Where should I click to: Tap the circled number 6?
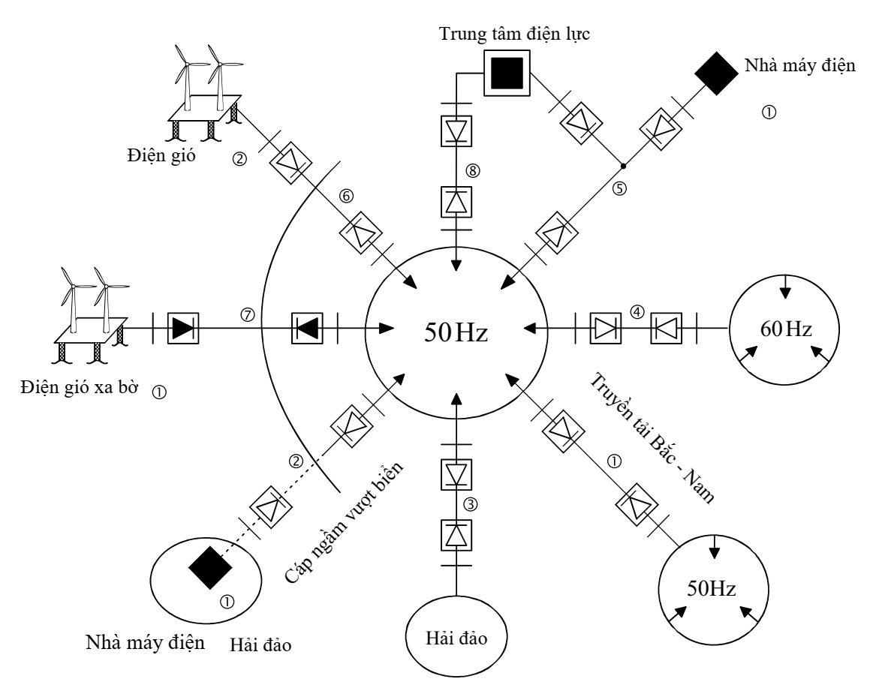tap(347, 196)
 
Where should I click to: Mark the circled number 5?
tap(619, 188)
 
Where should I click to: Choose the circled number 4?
tap(635, 309)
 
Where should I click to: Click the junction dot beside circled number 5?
tap(622, 164)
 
